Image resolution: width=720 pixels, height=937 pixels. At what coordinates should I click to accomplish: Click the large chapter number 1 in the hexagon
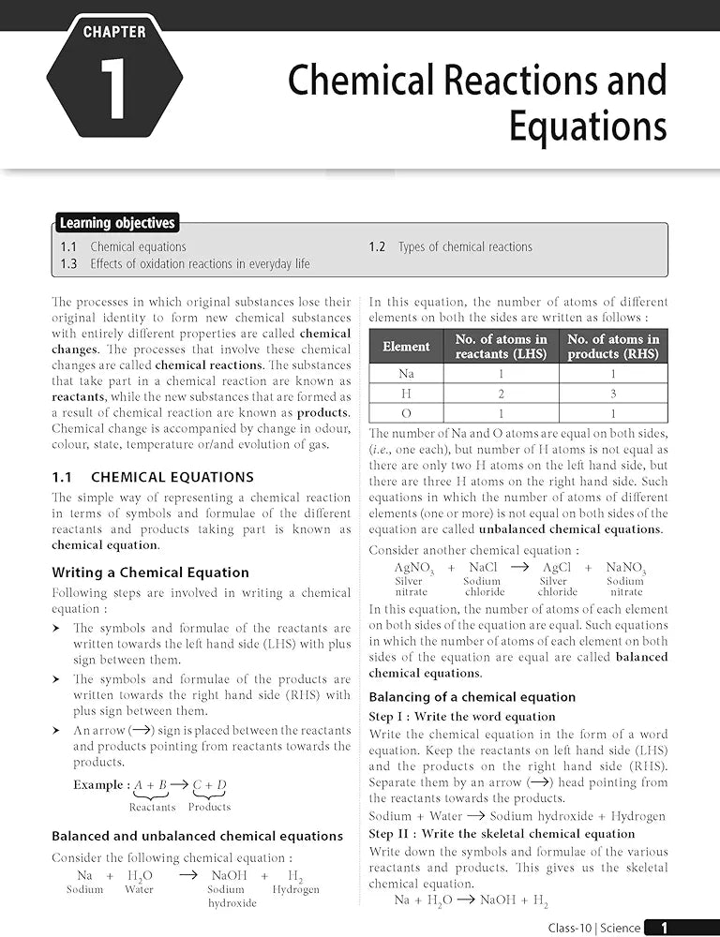coord(113,91)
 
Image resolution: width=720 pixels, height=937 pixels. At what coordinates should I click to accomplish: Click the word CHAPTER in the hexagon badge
coord(114,32)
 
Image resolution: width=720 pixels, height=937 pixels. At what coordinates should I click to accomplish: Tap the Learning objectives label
coord(117,223)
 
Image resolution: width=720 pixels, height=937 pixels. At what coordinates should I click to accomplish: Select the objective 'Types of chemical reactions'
coord(464,247)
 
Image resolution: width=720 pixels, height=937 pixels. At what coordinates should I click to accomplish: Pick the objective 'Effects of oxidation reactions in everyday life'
coord(200,264)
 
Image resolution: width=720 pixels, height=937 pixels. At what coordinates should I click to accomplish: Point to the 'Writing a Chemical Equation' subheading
coord(150,573)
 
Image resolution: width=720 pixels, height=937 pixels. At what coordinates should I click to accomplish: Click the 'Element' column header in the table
coord(406,347)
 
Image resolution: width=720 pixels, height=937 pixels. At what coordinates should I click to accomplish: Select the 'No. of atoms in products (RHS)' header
coord(613,347)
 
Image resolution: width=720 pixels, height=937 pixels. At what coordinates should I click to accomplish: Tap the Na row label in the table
coord(406,373)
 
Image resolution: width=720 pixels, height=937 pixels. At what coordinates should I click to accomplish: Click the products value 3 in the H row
coord(613,394)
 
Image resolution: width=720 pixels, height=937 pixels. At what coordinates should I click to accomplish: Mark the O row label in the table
coord(406,413)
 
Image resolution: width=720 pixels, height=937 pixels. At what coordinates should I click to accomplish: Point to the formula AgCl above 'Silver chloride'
coord(557,568)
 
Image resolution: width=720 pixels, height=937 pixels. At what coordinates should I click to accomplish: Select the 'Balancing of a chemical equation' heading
coord(472,697)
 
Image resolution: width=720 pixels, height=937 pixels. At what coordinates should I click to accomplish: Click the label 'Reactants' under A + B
coord(152,807)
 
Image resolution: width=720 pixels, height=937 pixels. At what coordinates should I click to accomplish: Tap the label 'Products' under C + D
coord(209,807)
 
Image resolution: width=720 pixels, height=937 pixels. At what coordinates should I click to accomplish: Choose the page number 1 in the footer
coord(665,928)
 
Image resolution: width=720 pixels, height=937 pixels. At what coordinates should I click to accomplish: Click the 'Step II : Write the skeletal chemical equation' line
coord(502,834)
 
